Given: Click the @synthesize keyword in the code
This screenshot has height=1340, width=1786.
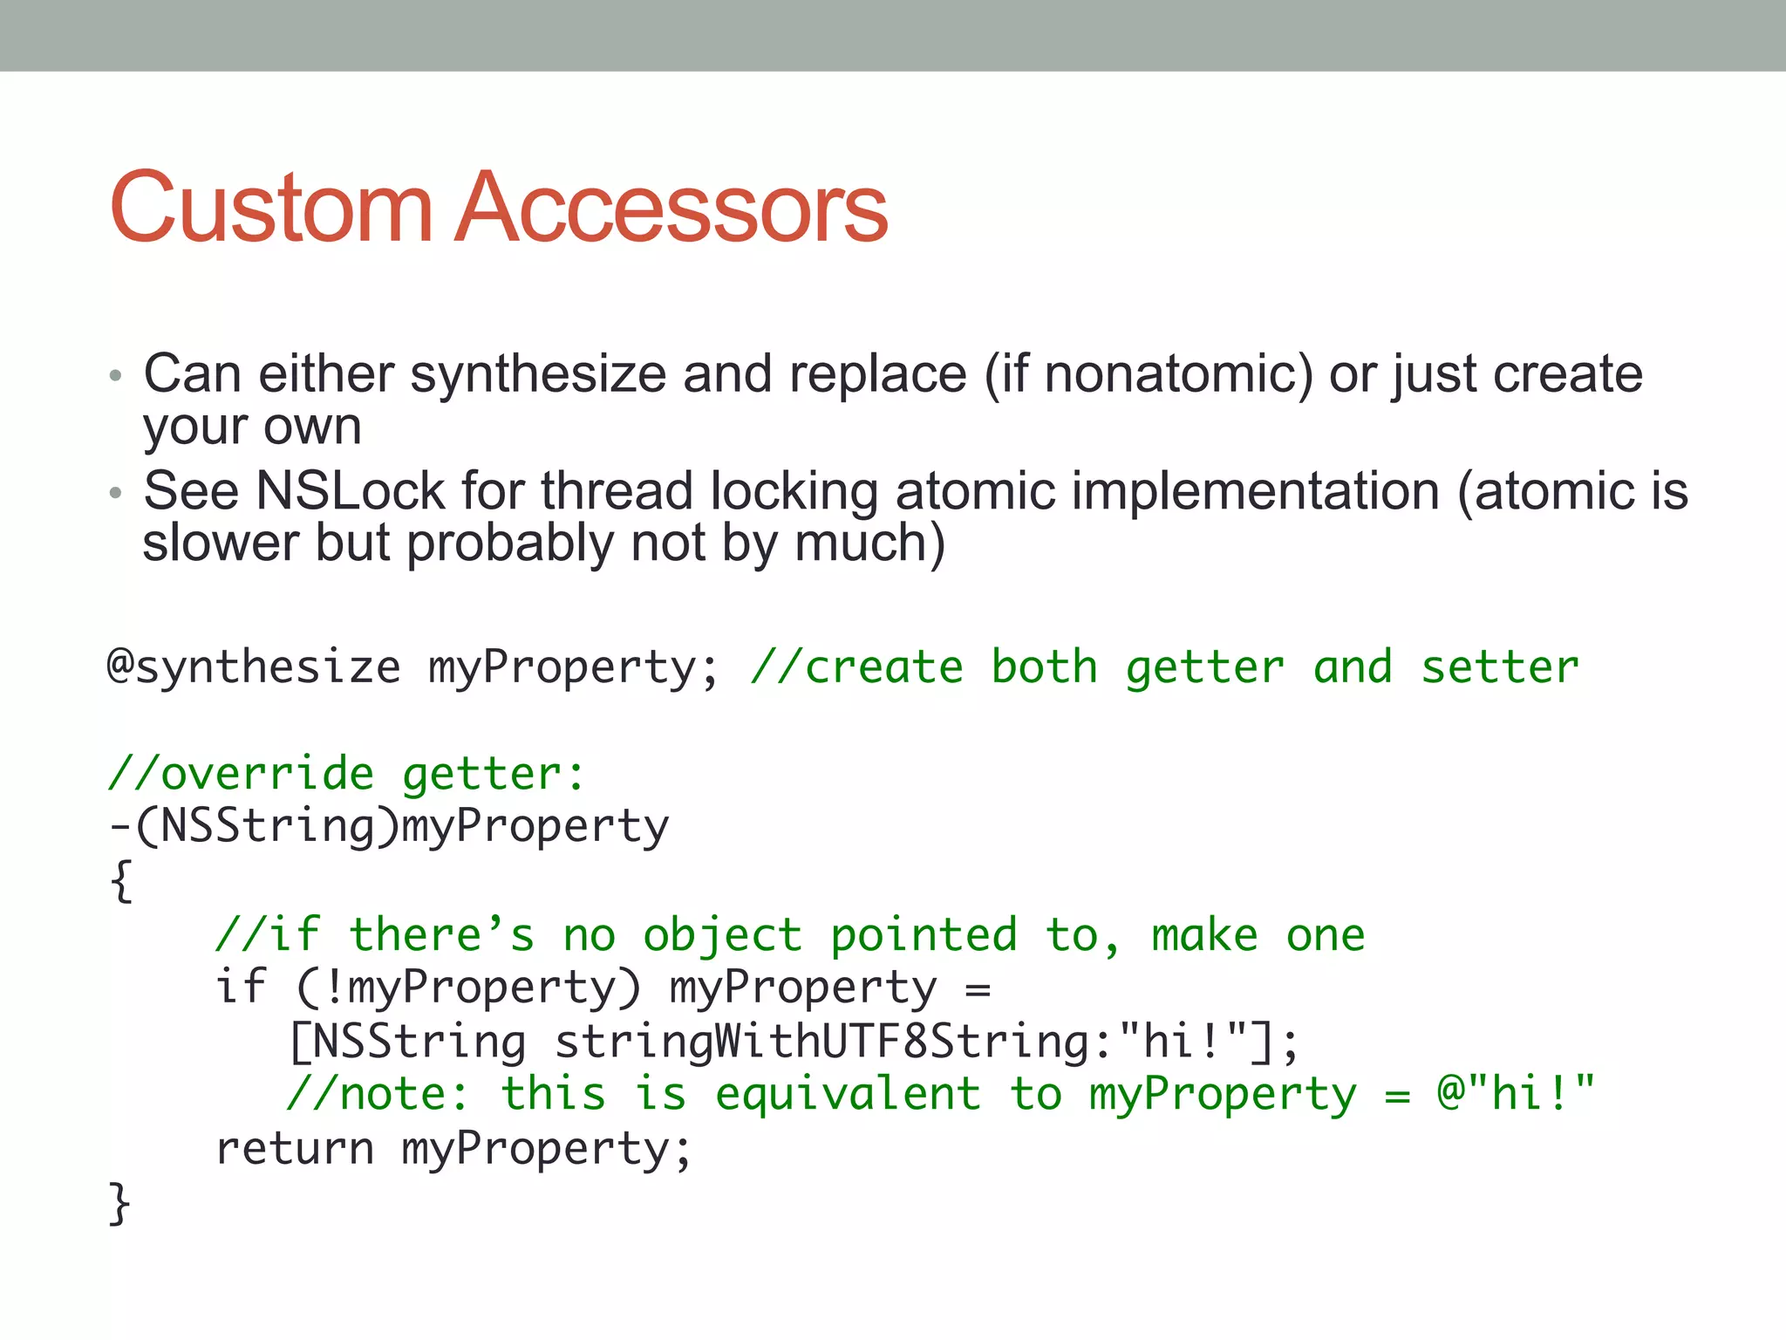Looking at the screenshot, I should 253,668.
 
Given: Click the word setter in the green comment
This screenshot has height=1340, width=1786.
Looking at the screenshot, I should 1500,668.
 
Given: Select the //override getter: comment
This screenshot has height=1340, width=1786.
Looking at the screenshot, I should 346,775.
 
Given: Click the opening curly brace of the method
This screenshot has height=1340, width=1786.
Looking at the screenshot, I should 121,881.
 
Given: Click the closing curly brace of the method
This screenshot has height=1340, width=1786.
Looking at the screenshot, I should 119,1203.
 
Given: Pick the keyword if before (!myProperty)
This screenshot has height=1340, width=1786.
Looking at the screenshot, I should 240,988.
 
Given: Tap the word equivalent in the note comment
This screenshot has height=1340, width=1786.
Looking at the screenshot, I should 848,1096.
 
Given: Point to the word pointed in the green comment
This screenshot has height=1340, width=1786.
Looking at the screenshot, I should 924,936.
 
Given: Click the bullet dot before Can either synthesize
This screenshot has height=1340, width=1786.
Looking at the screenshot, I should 115,377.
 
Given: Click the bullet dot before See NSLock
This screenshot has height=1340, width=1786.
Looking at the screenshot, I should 115,493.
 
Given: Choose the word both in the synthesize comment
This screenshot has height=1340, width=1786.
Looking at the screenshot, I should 1044,668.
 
